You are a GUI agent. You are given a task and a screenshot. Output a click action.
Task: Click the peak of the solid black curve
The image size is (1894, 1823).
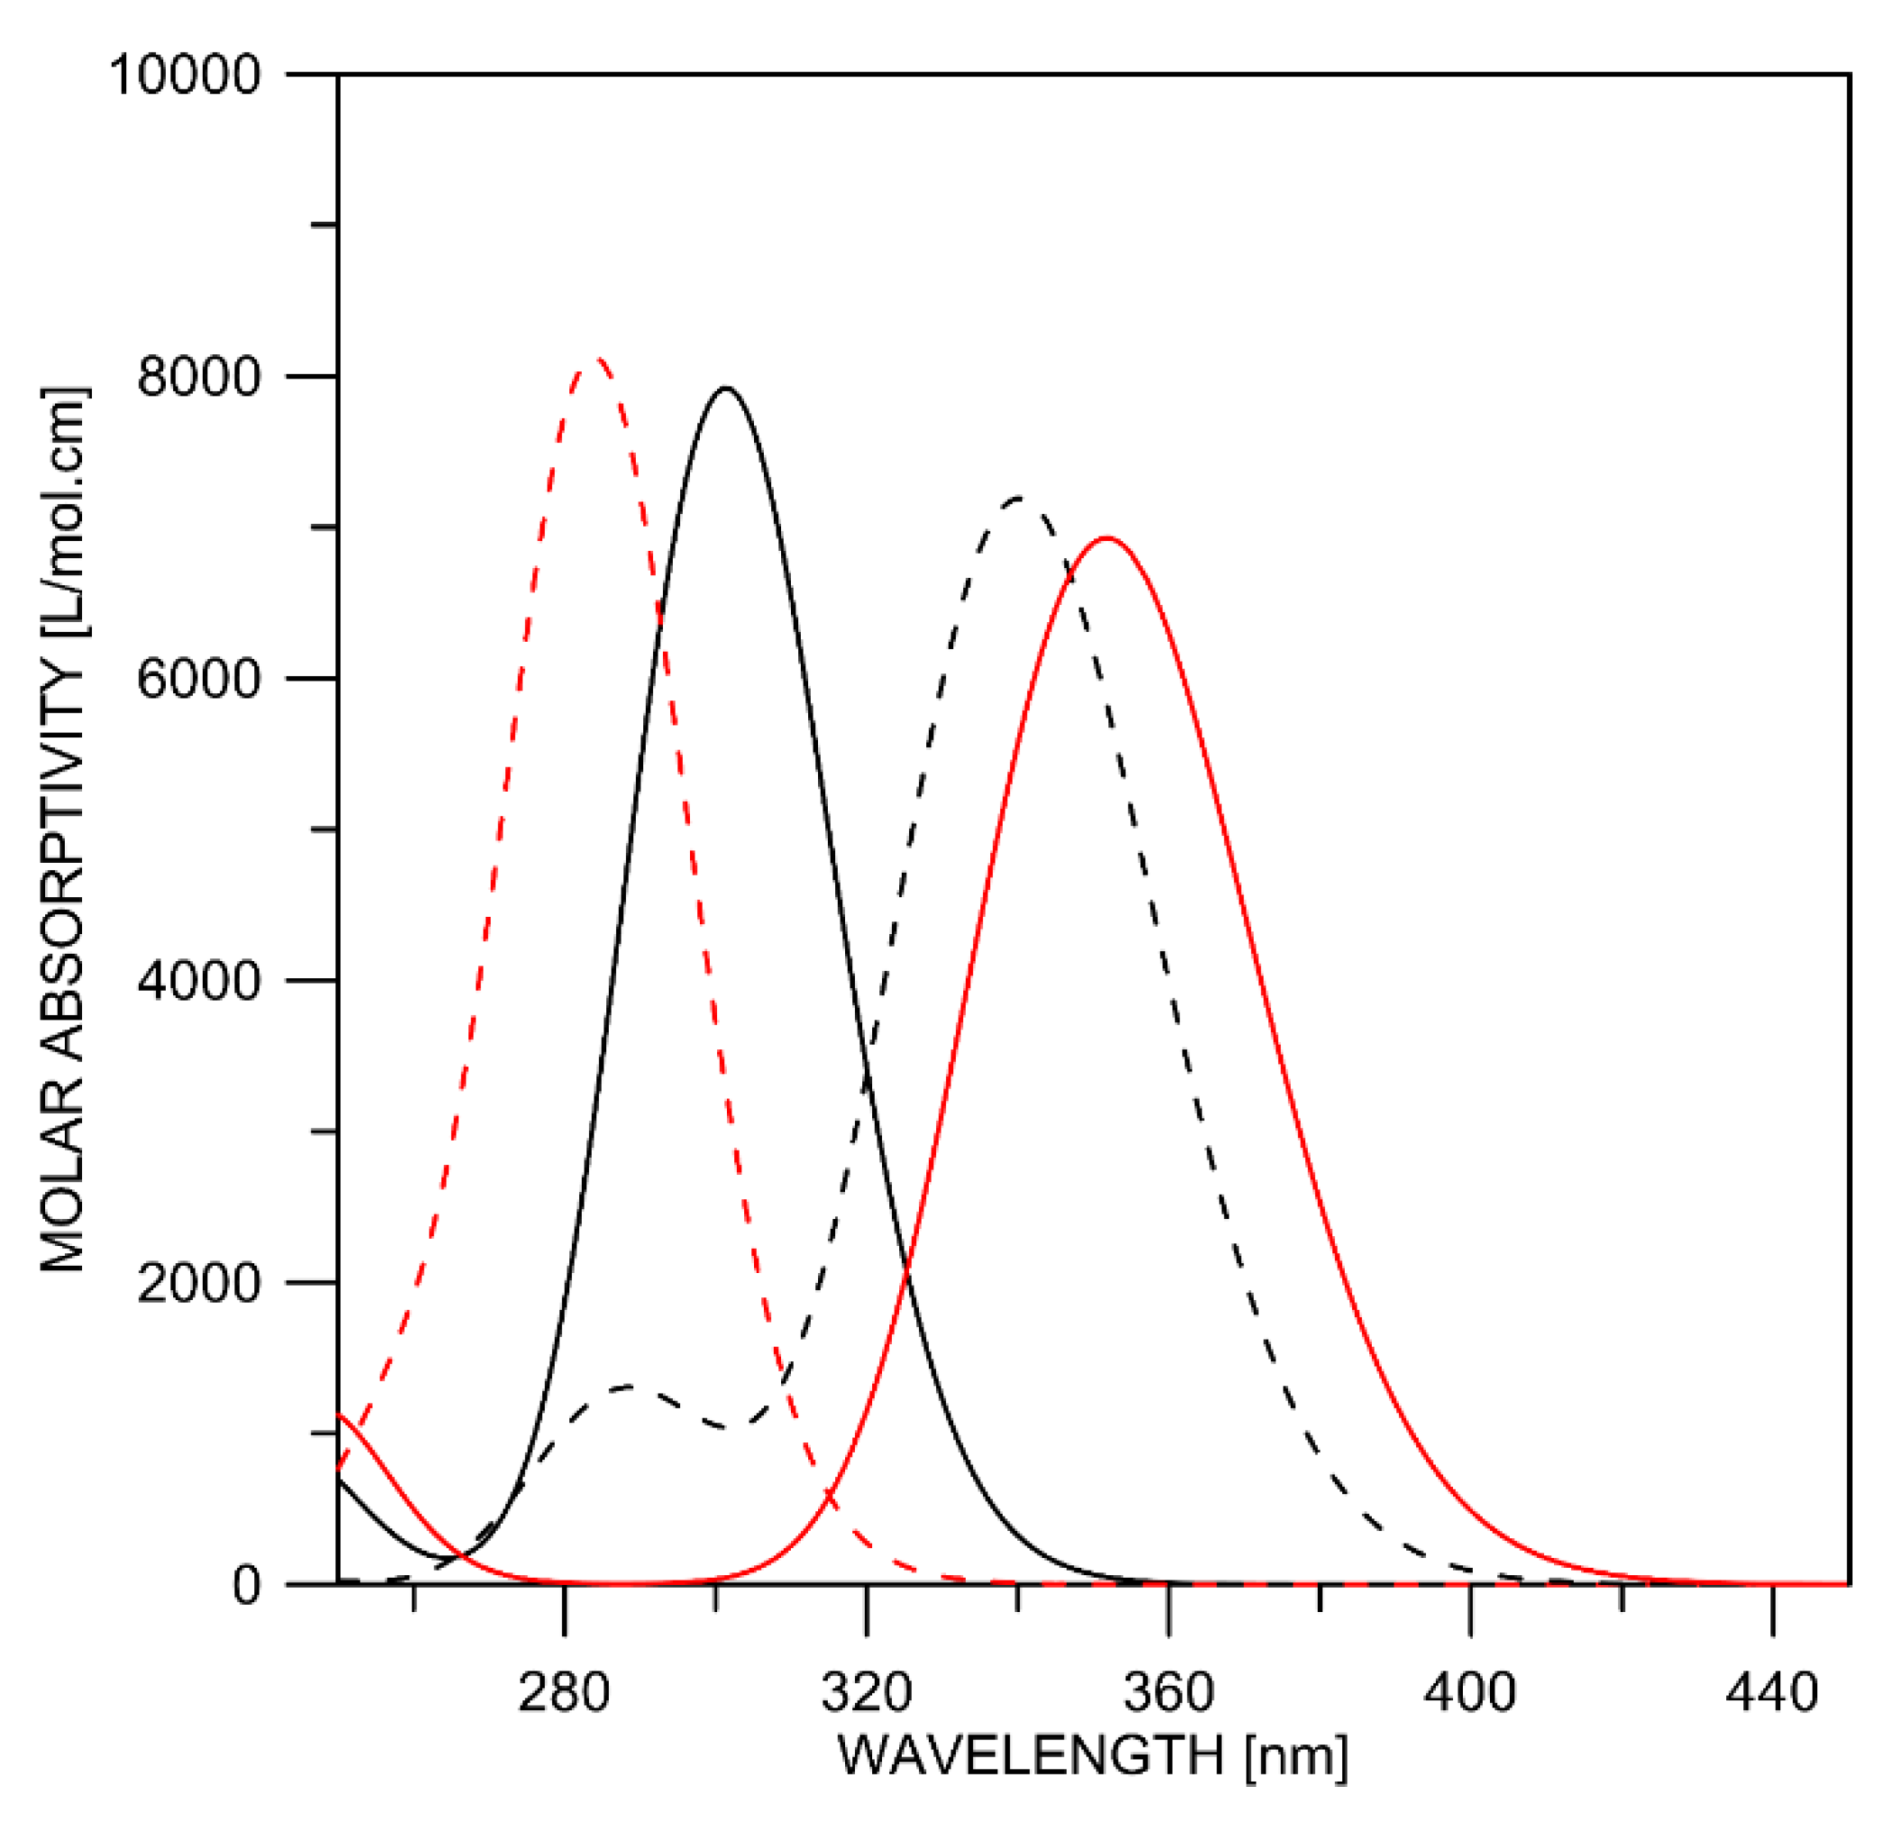coord(727,389)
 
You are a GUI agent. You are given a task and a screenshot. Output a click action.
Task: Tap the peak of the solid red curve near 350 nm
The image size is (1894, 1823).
coord(1108,538)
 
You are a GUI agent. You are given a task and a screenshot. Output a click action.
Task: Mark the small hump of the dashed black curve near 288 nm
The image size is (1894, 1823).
coord(628,1388)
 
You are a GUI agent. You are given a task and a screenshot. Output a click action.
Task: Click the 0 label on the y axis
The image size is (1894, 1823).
coord(246,1585)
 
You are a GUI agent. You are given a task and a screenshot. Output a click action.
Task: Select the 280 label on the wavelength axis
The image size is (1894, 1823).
coord(565,1692)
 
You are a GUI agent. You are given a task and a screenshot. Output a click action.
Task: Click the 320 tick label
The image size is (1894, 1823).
coord(867,1692)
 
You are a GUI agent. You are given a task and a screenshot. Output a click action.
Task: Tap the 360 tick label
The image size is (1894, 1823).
coord(1169,1692)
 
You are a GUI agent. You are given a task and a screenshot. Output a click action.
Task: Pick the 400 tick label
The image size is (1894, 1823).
coord(1471,1692)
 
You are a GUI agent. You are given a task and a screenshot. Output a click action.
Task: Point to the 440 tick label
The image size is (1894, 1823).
coord(1773,1692)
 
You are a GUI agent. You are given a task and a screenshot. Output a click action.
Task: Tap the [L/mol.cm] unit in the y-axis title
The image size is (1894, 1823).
coord(65,512)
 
